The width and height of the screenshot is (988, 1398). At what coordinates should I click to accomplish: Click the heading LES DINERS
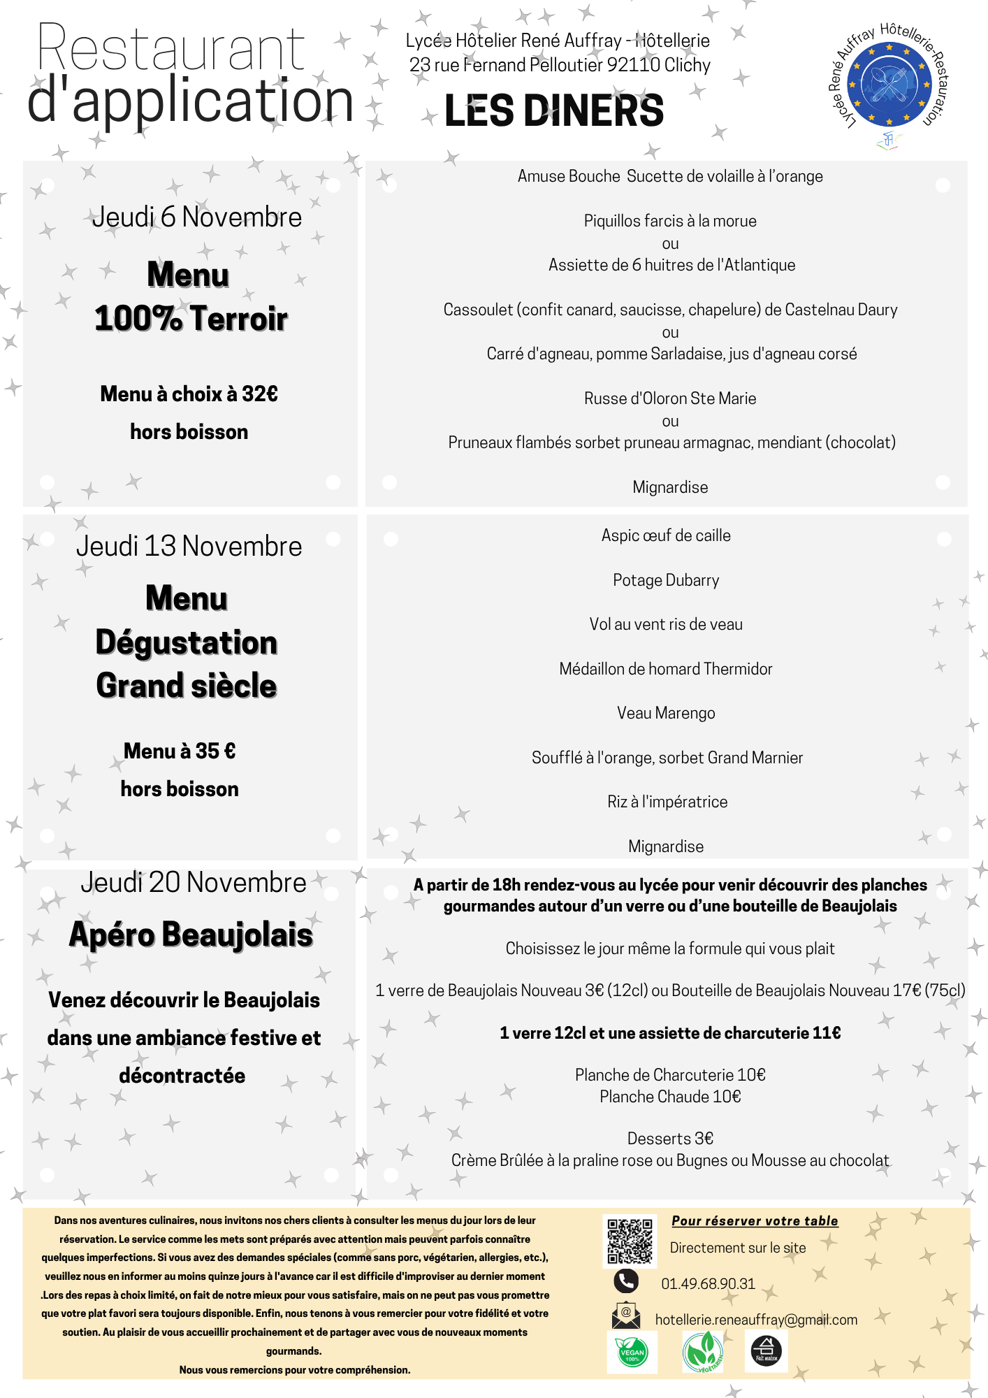tap(553, 111)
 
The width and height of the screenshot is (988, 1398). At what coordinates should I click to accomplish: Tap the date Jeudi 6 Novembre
tap(197, 217)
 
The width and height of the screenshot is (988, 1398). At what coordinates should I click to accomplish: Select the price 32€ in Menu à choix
tap(259, 394)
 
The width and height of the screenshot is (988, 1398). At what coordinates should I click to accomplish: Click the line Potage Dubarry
tap(665, 580)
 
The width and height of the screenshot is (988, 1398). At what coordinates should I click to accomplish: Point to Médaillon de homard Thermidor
tap(665, 669)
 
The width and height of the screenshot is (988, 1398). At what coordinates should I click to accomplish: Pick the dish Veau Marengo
tap(665, 713)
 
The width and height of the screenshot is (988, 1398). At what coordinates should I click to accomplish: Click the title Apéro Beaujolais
tap(191, 935)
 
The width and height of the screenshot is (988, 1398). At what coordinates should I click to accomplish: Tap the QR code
tap(630, 1241)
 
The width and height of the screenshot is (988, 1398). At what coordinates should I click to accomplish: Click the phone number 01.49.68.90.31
tap(708, 1284)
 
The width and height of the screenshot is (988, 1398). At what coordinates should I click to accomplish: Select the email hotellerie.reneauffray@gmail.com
tap(756, 1320)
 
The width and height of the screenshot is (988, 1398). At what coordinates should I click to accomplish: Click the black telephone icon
tap(625, 1281)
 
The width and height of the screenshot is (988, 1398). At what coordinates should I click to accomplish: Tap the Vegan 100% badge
tap(632, 1352)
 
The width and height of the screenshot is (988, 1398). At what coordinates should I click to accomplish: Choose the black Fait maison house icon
tap(766, 1350)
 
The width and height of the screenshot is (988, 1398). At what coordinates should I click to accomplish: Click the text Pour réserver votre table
tap(755, 1221)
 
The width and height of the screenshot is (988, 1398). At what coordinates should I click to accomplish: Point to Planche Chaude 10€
tap(669, 1097)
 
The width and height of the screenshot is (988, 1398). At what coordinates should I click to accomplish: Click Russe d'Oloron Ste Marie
tap(669, 398)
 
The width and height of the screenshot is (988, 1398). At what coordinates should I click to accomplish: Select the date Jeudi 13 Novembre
tap(189, 547)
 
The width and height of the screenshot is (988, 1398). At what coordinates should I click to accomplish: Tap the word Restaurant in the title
tap(171, 49)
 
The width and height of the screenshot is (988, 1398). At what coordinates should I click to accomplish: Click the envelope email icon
tap(625, 1316)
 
